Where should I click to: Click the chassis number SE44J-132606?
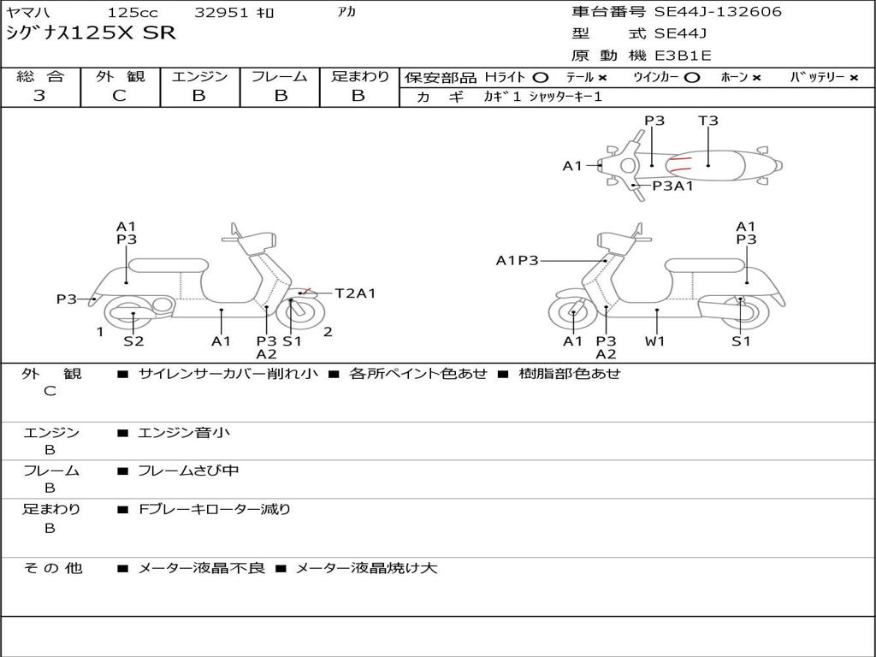(x=718, y=12)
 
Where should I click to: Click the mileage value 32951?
(x=222, y=13)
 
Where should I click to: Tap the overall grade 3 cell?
(x=39, y=96)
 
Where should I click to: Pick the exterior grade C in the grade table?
(x=119, y=96)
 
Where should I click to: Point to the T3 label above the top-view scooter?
(x=708, y=121)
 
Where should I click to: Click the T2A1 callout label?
(x=355, y=293)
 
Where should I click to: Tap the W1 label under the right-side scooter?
(x=655, y=341)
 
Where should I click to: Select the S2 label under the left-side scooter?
(x=133, y=341)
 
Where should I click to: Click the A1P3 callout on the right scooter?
(x=517, y=260)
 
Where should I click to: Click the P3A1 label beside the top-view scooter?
(x=672, y=186)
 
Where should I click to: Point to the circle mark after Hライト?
(x=540, y=77)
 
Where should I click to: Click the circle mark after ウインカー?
(x=692, y=77)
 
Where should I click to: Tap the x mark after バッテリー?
(x=853, y=77)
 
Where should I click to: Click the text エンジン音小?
(x=184, y=433)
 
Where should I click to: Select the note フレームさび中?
(x=188, y=471)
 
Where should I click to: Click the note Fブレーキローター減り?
(x=215, y=509)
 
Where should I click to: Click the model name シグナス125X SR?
(x=91, y=33)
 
